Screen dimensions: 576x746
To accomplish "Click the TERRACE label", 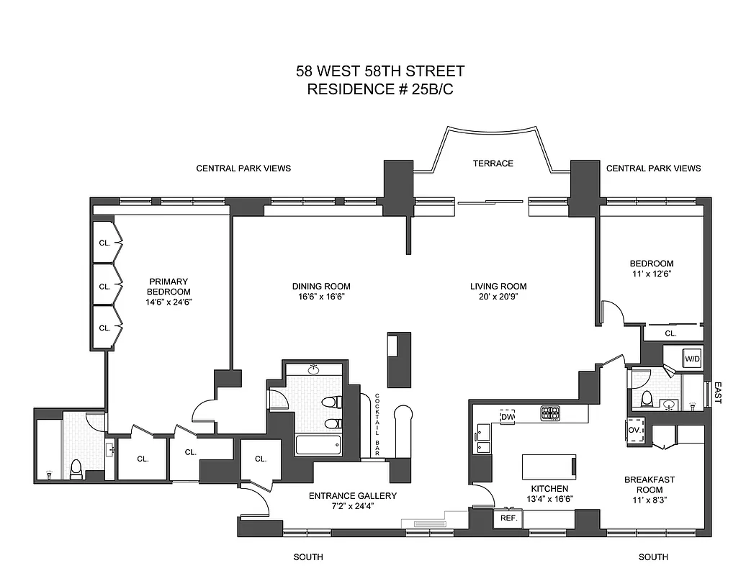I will pos(493,163).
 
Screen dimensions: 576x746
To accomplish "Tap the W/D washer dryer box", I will pos(692,358).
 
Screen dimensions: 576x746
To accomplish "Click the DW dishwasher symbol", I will pos(508,417).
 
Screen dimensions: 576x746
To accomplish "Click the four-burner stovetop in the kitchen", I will pos(551,413).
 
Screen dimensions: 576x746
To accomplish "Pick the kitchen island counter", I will pos(548,466).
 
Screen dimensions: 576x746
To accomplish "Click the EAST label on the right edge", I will pos(717,393).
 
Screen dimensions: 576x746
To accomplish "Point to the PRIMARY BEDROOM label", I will pos(168,287).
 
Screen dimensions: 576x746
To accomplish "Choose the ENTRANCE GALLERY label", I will pos(352,496).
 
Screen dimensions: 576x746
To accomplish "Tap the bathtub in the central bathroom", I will pos(318,445).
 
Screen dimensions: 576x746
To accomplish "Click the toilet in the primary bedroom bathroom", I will pos(76,469).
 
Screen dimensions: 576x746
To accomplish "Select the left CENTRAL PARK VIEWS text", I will pos(243,168).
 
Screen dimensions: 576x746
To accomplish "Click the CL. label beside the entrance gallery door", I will pos(261,459).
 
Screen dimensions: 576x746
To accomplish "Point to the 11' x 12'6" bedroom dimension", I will pos(652,274).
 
